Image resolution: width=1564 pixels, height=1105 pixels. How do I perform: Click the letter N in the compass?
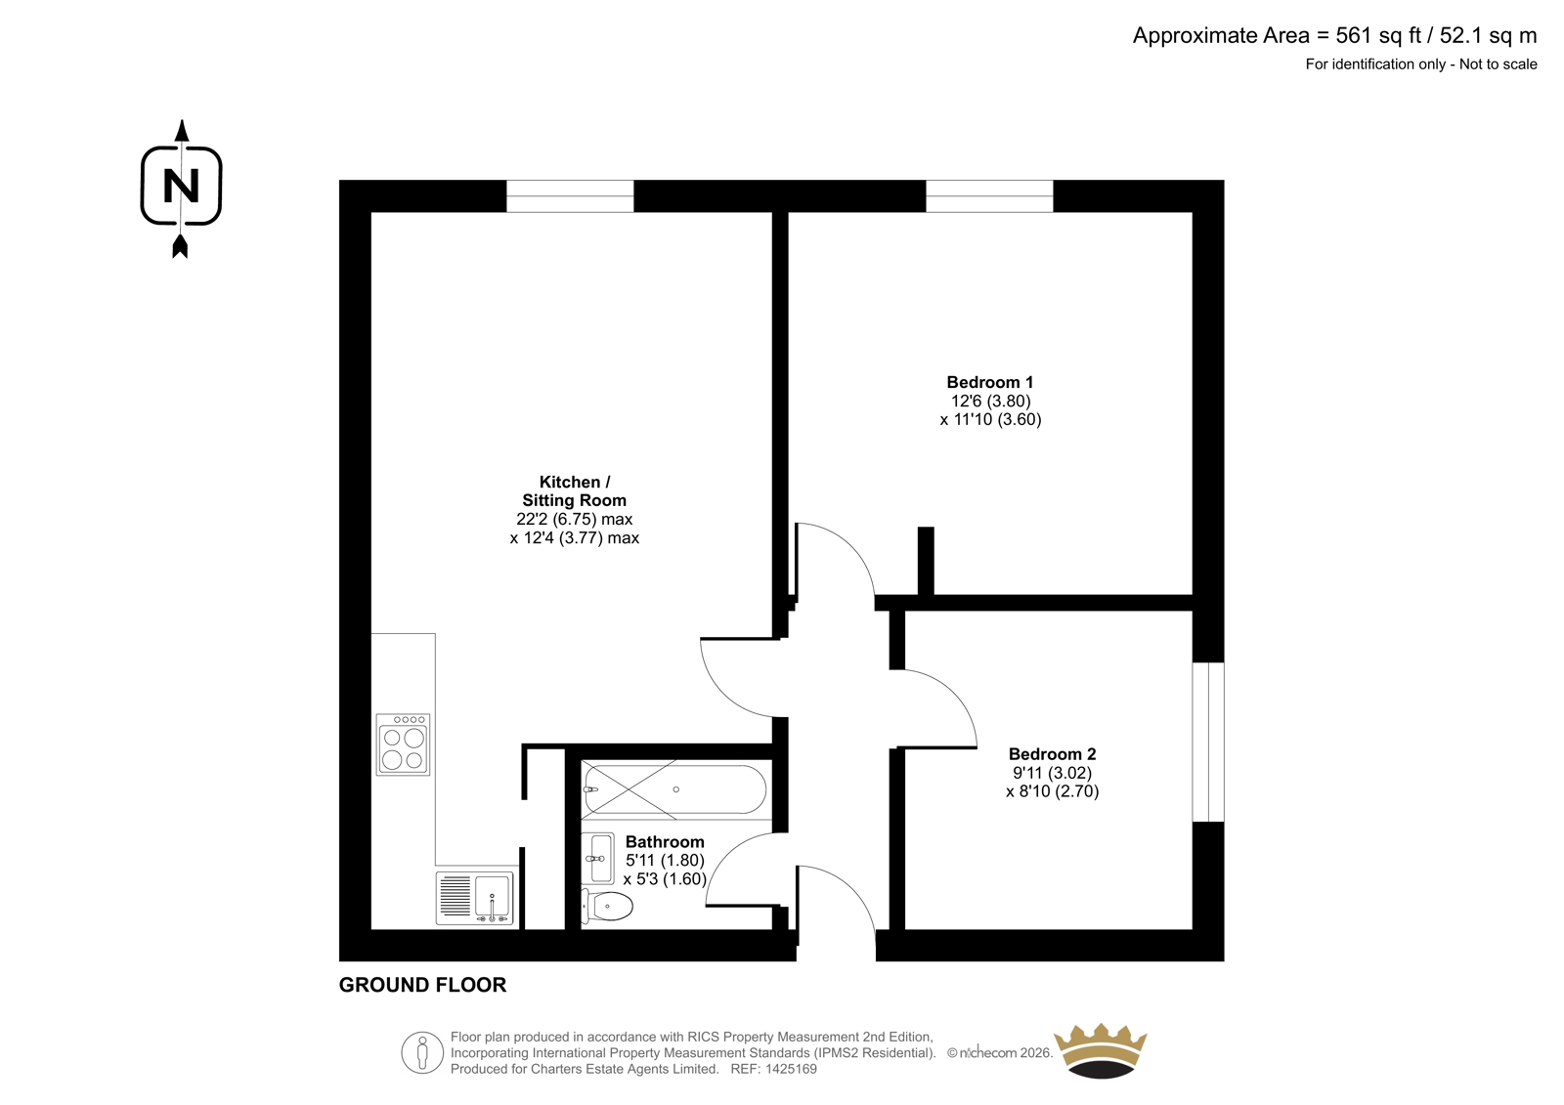click(181, 187)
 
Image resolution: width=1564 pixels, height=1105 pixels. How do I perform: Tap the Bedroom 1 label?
click(989, 382)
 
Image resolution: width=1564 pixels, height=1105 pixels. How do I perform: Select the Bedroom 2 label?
click(1052, 754)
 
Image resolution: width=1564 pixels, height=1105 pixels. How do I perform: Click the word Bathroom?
click(665, 842)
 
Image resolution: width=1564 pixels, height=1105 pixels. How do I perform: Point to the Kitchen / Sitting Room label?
click(574, 491)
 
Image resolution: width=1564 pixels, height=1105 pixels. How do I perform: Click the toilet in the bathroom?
click(607, 907)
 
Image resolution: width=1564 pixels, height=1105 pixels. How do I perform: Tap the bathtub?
click(675, 789)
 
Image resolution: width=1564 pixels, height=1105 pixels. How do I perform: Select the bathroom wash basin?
click(597, 859)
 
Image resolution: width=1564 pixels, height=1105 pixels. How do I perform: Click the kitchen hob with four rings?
click(403, 744)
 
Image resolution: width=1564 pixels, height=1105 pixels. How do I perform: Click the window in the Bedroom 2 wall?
click(1208, 742)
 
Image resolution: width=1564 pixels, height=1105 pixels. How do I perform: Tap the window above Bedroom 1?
click(989, 196)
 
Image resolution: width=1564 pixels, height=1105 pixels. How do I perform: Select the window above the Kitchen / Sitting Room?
click(570, 196)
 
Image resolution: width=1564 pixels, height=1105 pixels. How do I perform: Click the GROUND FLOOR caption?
click(422, 985)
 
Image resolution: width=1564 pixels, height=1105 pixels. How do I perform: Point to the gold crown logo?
click(1101, 1050)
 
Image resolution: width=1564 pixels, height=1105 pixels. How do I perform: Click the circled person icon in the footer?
click(422, 1052)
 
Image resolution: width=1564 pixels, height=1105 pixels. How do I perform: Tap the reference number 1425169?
click(790, 1069)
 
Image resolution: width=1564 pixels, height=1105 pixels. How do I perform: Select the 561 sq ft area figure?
click(1379, 35)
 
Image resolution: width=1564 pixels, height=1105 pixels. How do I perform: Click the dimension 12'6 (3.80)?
click(991, 401)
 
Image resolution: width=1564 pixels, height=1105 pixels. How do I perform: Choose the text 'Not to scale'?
click(1499, 64)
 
